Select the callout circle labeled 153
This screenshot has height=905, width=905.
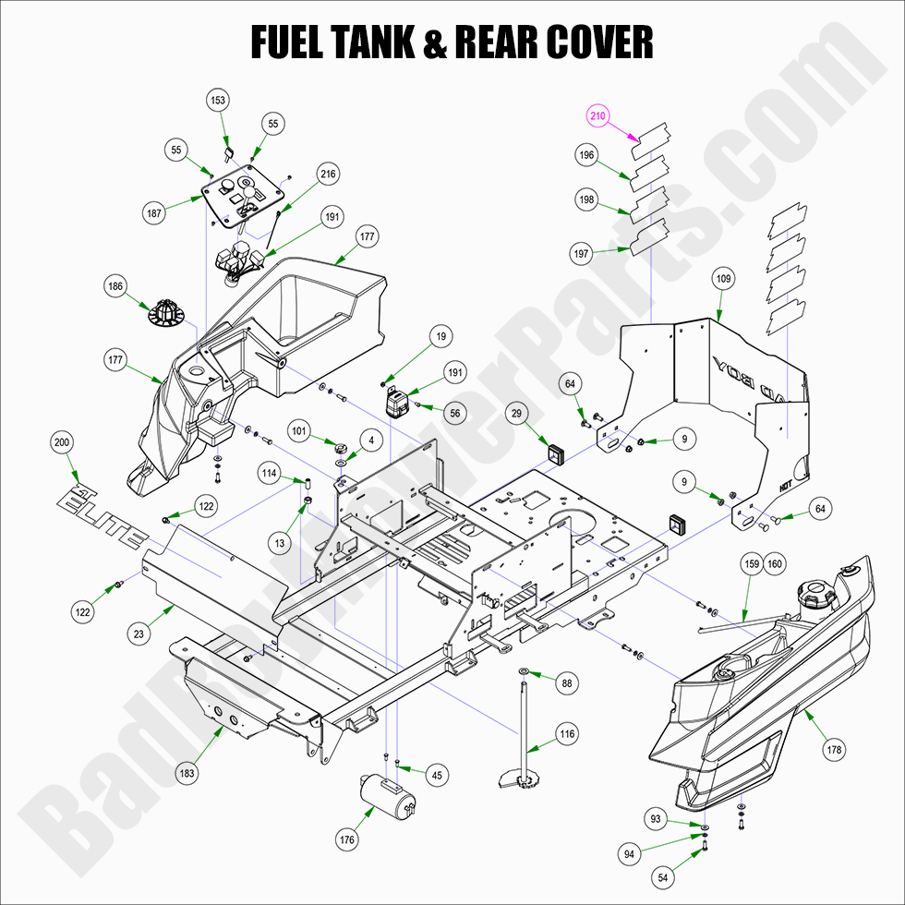click(x=219, y=100)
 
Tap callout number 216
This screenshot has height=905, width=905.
click(x=328, y=174)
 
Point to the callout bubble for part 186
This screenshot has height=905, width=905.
click(x=115, y=286)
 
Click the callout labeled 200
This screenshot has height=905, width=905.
click(x=62, y=443)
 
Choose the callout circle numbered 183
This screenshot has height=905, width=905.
click(x=187, y=774)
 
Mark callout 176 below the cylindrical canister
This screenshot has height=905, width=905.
click(x=347, y=840)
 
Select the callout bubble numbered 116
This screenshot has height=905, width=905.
click(x=567, y=734)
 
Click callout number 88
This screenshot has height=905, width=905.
click(x=567, y=683)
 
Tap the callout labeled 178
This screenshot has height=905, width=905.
click(x=835, y=750)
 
